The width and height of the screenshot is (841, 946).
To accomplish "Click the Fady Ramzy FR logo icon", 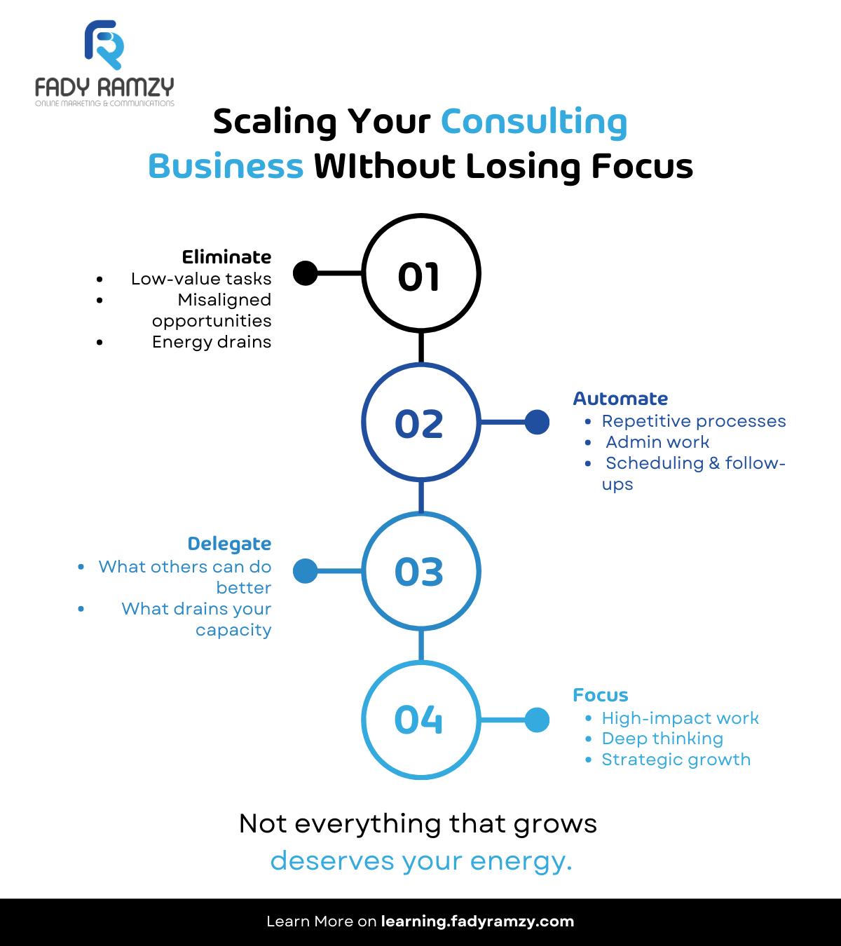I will coord(104,45).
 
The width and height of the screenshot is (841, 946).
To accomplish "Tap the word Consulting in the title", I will coord(533,122).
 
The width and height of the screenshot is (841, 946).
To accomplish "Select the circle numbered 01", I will coord(420,273).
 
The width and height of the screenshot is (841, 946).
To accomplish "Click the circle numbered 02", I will coord(420,423).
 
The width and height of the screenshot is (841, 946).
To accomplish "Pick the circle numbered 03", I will coord(420,571).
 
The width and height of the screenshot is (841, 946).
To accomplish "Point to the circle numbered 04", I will coord(420,720).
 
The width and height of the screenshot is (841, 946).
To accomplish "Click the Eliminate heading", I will coord(226,257).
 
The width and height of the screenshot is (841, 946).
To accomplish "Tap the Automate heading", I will coord(620,399).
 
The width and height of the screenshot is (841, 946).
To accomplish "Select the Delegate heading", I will coord(229,544).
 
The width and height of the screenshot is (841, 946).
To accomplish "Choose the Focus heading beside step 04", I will coord(601,695).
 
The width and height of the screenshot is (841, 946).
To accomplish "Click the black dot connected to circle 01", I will coord(305,273).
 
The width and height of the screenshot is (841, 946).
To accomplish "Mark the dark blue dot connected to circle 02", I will coord(537,423).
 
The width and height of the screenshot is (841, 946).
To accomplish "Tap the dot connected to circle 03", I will coord(305,571).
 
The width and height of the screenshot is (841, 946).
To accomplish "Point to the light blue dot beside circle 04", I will coord(537,720).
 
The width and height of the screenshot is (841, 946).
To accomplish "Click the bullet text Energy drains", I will coord(212,342).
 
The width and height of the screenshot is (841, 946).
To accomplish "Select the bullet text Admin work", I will coord(657,442).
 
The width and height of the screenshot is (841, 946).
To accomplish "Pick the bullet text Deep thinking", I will coord(662,739).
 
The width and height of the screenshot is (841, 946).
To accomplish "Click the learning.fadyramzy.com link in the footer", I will coord(477,921).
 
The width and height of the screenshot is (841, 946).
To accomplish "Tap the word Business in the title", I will coord(226,167).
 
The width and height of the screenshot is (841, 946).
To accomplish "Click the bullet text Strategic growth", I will coord(676,760).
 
